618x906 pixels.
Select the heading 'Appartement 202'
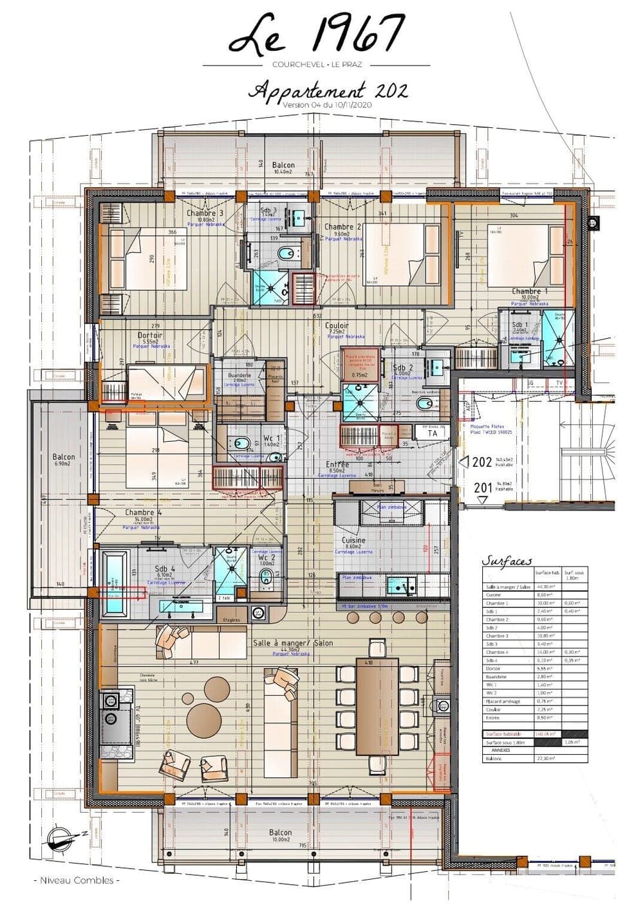tap(328, 89)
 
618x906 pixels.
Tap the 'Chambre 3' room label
tap(205, 213)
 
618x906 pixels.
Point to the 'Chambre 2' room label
tap(342, 226)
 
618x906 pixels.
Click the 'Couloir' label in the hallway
tap(336, 326)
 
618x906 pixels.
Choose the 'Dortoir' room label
tap(150, 336)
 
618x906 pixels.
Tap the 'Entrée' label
tap(337, 464)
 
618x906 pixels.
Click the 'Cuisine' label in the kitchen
tap(353, 541)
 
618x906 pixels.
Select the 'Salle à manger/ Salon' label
tap(281, 644)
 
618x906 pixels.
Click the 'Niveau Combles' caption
tap(76, 880)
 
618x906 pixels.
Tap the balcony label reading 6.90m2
tap(64, 460)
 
